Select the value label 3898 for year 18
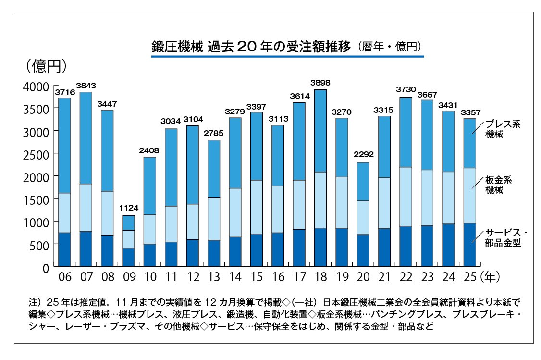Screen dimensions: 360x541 (x=320, y=83)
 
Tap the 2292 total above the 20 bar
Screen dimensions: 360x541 (x=363, y=155)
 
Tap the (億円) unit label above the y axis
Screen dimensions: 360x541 (x=47, y=66)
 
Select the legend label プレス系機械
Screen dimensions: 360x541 (x=503, y=129)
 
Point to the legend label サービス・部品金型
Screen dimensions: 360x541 (x=505, y=237)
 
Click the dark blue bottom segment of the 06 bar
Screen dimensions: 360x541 (x=64, y=249)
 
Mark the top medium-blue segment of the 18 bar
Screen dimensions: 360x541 (x=320, y=131)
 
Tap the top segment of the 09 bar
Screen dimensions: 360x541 (x=128, y=223)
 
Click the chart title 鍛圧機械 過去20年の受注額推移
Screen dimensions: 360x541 (x=251, y=47)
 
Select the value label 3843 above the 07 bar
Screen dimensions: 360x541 (x=86, y=86)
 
